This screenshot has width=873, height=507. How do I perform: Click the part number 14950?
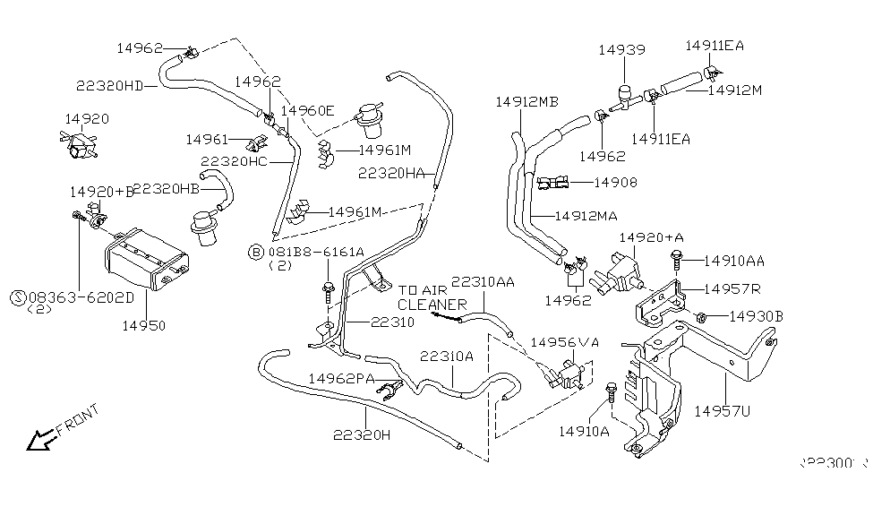tap(144, 325)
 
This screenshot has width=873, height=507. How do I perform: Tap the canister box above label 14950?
tap(144, 260)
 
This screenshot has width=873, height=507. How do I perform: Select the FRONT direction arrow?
tap(39, 439)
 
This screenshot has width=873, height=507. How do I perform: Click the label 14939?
tap(621, 51)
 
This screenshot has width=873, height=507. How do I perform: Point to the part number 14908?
tap(616, 184)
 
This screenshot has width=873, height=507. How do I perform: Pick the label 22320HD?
tap(109, 86)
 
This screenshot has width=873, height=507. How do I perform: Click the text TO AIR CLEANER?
tap(432, 297)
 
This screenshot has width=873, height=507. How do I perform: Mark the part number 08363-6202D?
tap(81, 296)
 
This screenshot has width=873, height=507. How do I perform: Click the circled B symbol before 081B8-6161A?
tap(256, 253)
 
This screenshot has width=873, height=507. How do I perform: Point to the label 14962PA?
tap(341, 379)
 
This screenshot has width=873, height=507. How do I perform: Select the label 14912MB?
tap(526, 102)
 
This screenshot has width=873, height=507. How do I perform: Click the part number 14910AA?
tap(733, 261)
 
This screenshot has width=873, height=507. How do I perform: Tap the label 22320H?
tap(362, 435)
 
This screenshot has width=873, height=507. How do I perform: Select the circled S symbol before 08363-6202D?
tap(17, 296)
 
